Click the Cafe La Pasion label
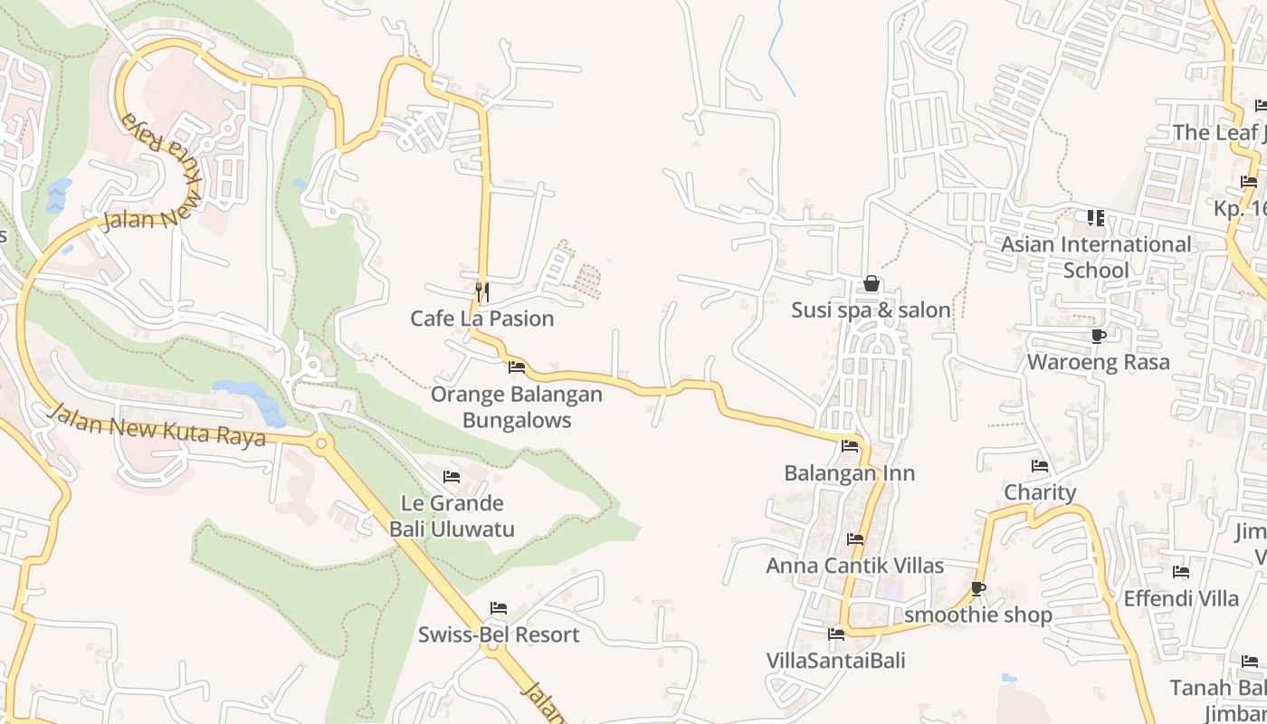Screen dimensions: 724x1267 click(481, 319)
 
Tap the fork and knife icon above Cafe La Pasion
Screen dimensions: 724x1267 click(482, 291)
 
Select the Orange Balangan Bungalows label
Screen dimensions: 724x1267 click(516, 407)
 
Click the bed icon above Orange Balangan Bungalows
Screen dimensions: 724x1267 click(517, 367)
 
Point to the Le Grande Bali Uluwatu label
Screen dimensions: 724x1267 click(452, 516)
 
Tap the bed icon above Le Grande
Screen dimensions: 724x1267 click(452, 477)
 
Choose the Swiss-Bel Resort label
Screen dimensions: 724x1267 click(498, 634)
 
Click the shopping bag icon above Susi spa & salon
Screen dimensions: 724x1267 click(871, 284)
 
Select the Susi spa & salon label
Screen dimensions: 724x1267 click(871, 310)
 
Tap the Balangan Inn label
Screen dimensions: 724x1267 click(849, 473)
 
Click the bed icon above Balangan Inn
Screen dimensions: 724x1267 click(849, 446)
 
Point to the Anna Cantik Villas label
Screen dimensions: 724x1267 click(854, 566)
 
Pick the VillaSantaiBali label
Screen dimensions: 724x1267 click(835, 660)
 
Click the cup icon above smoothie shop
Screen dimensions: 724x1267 click(977, 589)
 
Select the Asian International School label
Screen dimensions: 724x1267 click(1095, 257)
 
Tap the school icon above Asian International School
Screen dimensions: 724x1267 click(1095, 218)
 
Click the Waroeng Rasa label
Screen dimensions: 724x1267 click(1098, 362)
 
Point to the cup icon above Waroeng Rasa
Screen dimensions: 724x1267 click(1098, 337)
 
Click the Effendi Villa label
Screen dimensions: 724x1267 click(1180, 598)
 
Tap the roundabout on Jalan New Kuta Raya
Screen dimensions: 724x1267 click(320, 443)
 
